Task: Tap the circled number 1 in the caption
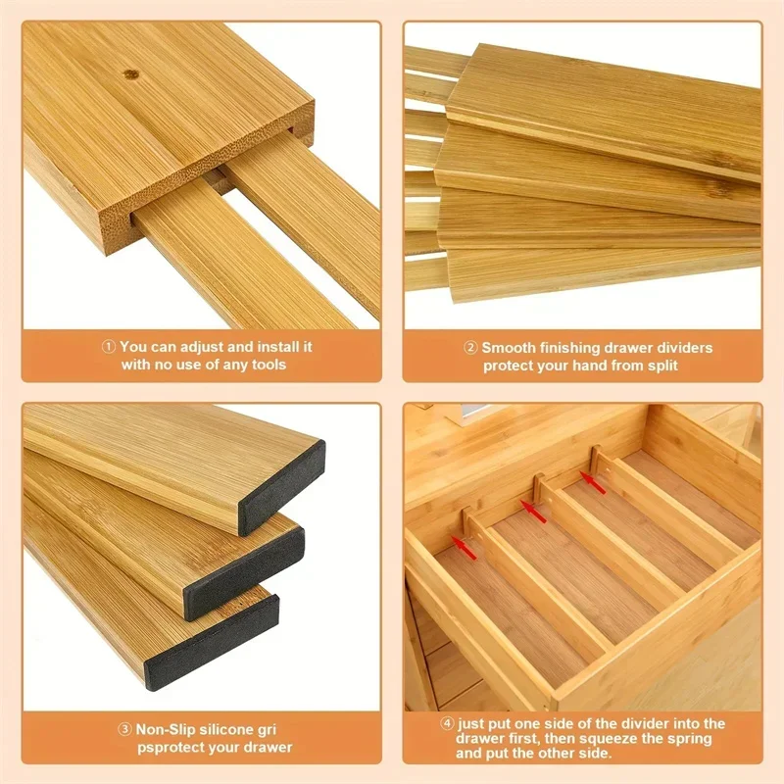click(x=108, y=347)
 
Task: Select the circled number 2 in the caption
click(x=470, y=348)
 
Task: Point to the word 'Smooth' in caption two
click(x=507, y=348)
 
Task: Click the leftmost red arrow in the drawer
click(x=465, y=548)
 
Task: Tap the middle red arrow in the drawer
click(x=532, y=511)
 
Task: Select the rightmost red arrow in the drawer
click(x=591, y=479)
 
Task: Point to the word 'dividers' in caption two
click(x=684, y=348)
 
